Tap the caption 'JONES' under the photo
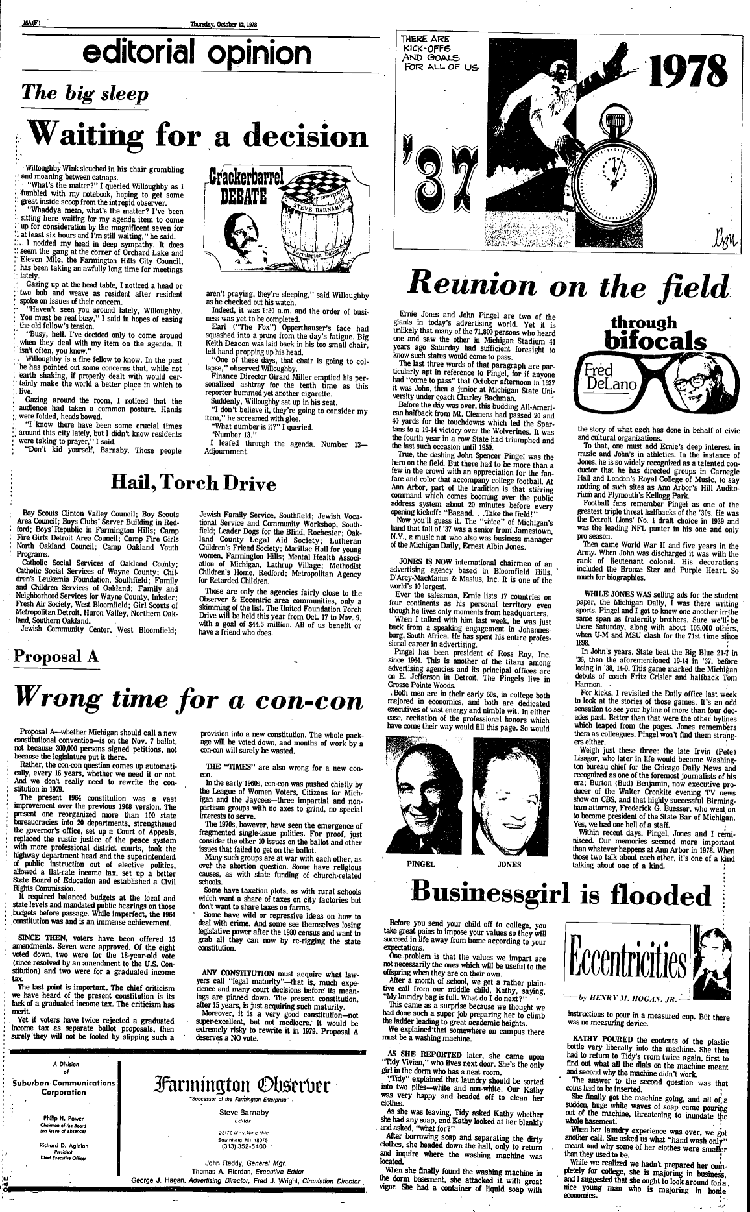509,864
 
